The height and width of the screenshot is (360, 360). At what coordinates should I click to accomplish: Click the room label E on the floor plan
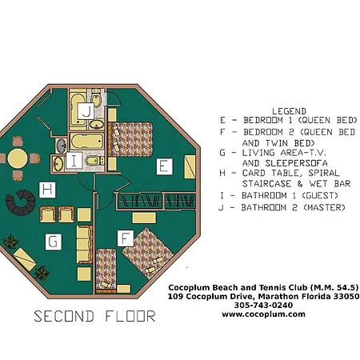tap(164, 166)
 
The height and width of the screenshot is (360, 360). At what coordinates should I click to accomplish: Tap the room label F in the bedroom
tap(126, 238)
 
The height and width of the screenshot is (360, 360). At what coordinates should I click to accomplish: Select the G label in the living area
tap(54, 242)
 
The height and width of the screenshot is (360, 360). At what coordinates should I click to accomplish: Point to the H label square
tap(47, 190)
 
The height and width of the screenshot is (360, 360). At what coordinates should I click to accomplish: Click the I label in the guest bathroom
tap(74, 161)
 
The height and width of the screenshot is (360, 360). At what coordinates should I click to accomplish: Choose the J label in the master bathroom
tap(86, 111)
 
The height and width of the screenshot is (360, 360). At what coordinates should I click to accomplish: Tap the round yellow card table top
tap(18, 159)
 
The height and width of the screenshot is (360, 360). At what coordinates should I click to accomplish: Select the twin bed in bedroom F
tap(106, 270)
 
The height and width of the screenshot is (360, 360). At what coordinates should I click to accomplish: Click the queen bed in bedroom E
tap(130, 139)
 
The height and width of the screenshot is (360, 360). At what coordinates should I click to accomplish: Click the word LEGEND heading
tap(289, 111)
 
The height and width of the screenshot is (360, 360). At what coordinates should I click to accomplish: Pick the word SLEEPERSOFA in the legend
tap(296, 163)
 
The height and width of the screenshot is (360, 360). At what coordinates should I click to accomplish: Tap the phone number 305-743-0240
tap(263, 305)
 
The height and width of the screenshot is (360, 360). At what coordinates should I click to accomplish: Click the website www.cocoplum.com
tap(263, 314)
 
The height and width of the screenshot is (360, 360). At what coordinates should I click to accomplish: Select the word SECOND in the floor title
tap(64, 316)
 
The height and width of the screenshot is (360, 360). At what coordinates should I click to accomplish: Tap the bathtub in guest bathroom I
tap(86, 141)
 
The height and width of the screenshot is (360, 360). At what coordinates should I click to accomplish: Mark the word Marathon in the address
tap(278, 296)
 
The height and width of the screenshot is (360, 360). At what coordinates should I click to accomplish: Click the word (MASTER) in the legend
tap(324, 207)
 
